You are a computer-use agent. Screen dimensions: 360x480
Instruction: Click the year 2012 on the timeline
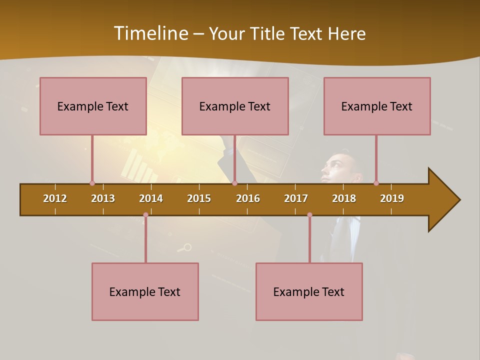pyautogui.click(x=55, y=198)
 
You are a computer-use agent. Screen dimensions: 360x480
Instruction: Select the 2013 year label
pyautogui.click(x=103, y=198)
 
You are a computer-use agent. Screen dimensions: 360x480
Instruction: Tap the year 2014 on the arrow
pyautogui.click(x=151, y=198)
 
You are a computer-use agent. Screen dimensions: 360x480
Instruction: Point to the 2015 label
pyautogui.click(x=199, y=198)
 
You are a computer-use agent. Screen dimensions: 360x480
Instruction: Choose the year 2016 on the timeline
pyautogui.click(x=248, y=198)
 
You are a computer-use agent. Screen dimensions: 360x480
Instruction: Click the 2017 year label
pyautogui.click(x=296, y=198)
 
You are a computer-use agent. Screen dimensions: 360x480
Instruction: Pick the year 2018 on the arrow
pyautogui.click(x=344, y=198)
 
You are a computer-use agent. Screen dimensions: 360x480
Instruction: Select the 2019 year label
pyautogui.click(x=392, y=198)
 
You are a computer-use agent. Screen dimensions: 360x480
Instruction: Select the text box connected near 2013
pyautogui.click(x=93, y=106)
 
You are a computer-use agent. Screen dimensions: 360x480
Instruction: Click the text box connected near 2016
pyautogui.click(x=235, y=106)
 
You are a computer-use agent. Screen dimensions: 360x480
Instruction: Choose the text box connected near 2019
pyautogui.click(x=377, y=106)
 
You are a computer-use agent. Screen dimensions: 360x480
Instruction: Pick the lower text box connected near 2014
pyautogui.click(x=145, y=291)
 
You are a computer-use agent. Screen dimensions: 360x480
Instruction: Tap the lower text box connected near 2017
pyautogui.click(x=309, y=291)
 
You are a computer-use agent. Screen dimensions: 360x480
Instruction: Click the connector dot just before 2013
pyautogui.click(x=92, y=183)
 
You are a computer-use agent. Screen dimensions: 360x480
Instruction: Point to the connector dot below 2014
pyautogui.click(x=145, y=215)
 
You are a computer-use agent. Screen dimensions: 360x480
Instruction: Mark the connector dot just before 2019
pyautogui.click(x=376, y=183)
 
